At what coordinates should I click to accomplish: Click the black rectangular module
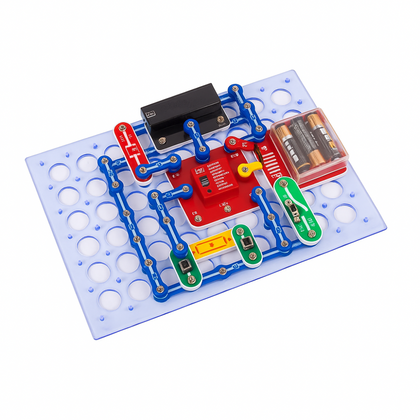click(x=180, y=104)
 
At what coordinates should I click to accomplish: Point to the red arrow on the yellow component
click(x=211, y=245)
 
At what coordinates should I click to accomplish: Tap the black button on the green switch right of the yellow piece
click(x=242, y=240)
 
